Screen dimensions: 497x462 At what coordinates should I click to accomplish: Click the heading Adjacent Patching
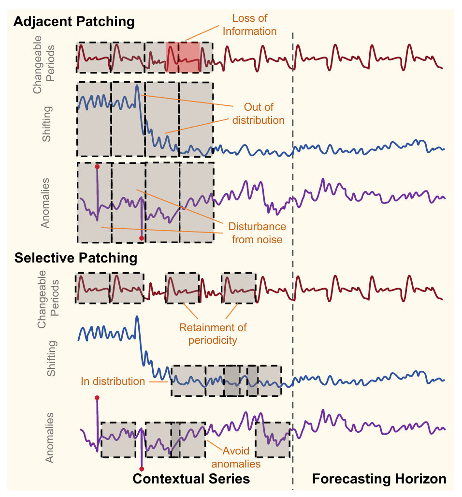[x=74, y=22]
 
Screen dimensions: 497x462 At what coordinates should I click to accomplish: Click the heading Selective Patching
[x=76, y=258]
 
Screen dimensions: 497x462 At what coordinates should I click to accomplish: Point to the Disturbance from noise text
[x=257, y=233]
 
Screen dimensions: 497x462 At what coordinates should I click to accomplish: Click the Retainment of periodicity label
[x=213, y=334]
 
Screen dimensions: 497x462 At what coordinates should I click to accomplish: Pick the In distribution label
[x=113, y=381]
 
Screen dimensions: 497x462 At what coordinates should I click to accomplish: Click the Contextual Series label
[x=191, y=479]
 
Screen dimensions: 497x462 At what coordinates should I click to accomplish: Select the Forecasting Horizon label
[x=379, y=479]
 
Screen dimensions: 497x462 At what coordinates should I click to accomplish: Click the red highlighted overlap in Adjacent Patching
[x=183, y=57]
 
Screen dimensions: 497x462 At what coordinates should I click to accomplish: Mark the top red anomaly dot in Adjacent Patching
[x=97, y=167]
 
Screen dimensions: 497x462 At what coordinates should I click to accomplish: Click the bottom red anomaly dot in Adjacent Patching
[x=141, y=238]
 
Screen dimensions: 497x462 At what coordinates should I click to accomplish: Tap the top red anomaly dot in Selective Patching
[x=97, y=398]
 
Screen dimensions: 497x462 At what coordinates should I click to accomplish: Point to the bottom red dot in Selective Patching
[x=142, y=469]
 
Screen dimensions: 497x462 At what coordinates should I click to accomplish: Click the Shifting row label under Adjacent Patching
[x=47, y=124]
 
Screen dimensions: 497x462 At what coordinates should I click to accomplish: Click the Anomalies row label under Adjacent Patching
[x=45, y=203]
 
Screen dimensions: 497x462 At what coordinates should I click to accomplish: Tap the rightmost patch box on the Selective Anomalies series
[x=273, y=439]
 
